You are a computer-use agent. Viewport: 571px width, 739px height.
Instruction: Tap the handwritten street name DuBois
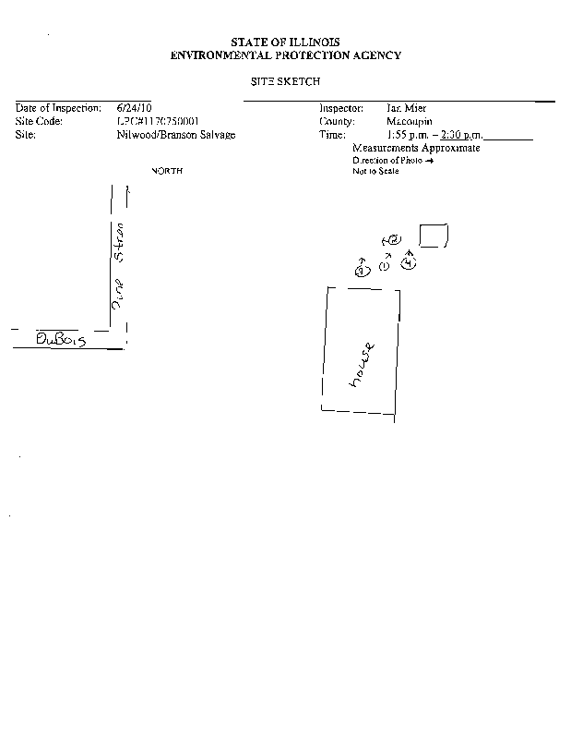pyautogui.click(x=60, y=339)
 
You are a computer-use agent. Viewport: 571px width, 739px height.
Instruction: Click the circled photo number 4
pyautogui.click(x=410, y=264)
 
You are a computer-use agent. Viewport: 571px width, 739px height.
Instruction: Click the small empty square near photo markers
pyautogui.click(x=434, y=236)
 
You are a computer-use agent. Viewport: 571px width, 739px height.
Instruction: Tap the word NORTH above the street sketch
pyautogui.click(x=167, y=171)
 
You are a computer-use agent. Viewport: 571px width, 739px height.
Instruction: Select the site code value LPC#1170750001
pyautogui.click(x=159, y=121)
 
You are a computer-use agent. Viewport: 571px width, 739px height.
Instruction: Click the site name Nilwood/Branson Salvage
pyautogui.click(x=170, y=135)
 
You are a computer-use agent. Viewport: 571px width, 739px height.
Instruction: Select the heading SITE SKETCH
pyautogui.click(x=285, y=82)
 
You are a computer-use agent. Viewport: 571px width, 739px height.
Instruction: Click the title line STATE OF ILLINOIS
pyautogui.click(x=285, y=42)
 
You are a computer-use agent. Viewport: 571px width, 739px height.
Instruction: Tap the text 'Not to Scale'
pyautogui.click(x=375, y=171)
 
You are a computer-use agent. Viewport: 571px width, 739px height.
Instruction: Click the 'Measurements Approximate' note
pyautogui.click(x=416, y=148)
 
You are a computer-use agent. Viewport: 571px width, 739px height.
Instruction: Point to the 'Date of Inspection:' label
pyautogui.click(x=57, y=108)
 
